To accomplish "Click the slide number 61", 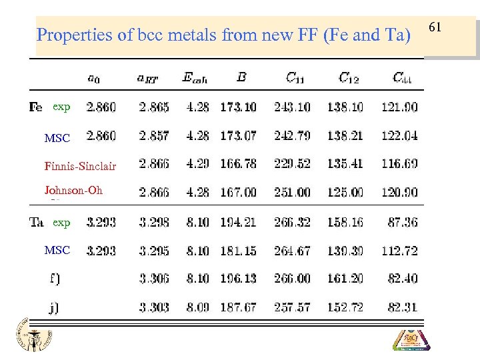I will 435,27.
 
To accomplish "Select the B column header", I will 241,77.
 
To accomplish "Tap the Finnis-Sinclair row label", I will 80,166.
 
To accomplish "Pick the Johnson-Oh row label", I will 73,190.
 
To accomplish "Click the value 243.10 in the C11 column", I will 291,107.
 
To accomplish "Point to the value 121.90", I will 399,107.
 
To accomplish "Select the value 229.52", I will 291,164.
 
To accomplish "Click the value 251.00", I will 291,192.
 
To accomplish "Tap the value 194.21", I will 237,222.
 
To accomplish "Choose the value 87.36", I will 402,222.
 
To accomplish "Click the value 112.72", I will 399,251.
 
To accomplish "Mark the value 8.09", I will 197,307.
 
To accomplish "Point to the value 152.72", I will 345,307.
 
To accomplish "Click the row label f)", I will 54,279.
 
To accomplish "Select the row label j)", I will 54,307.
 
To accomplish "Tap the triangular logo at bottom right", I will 411,338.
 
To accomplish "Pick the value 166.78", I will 237,164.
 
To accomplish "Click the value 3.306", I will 154,279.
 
